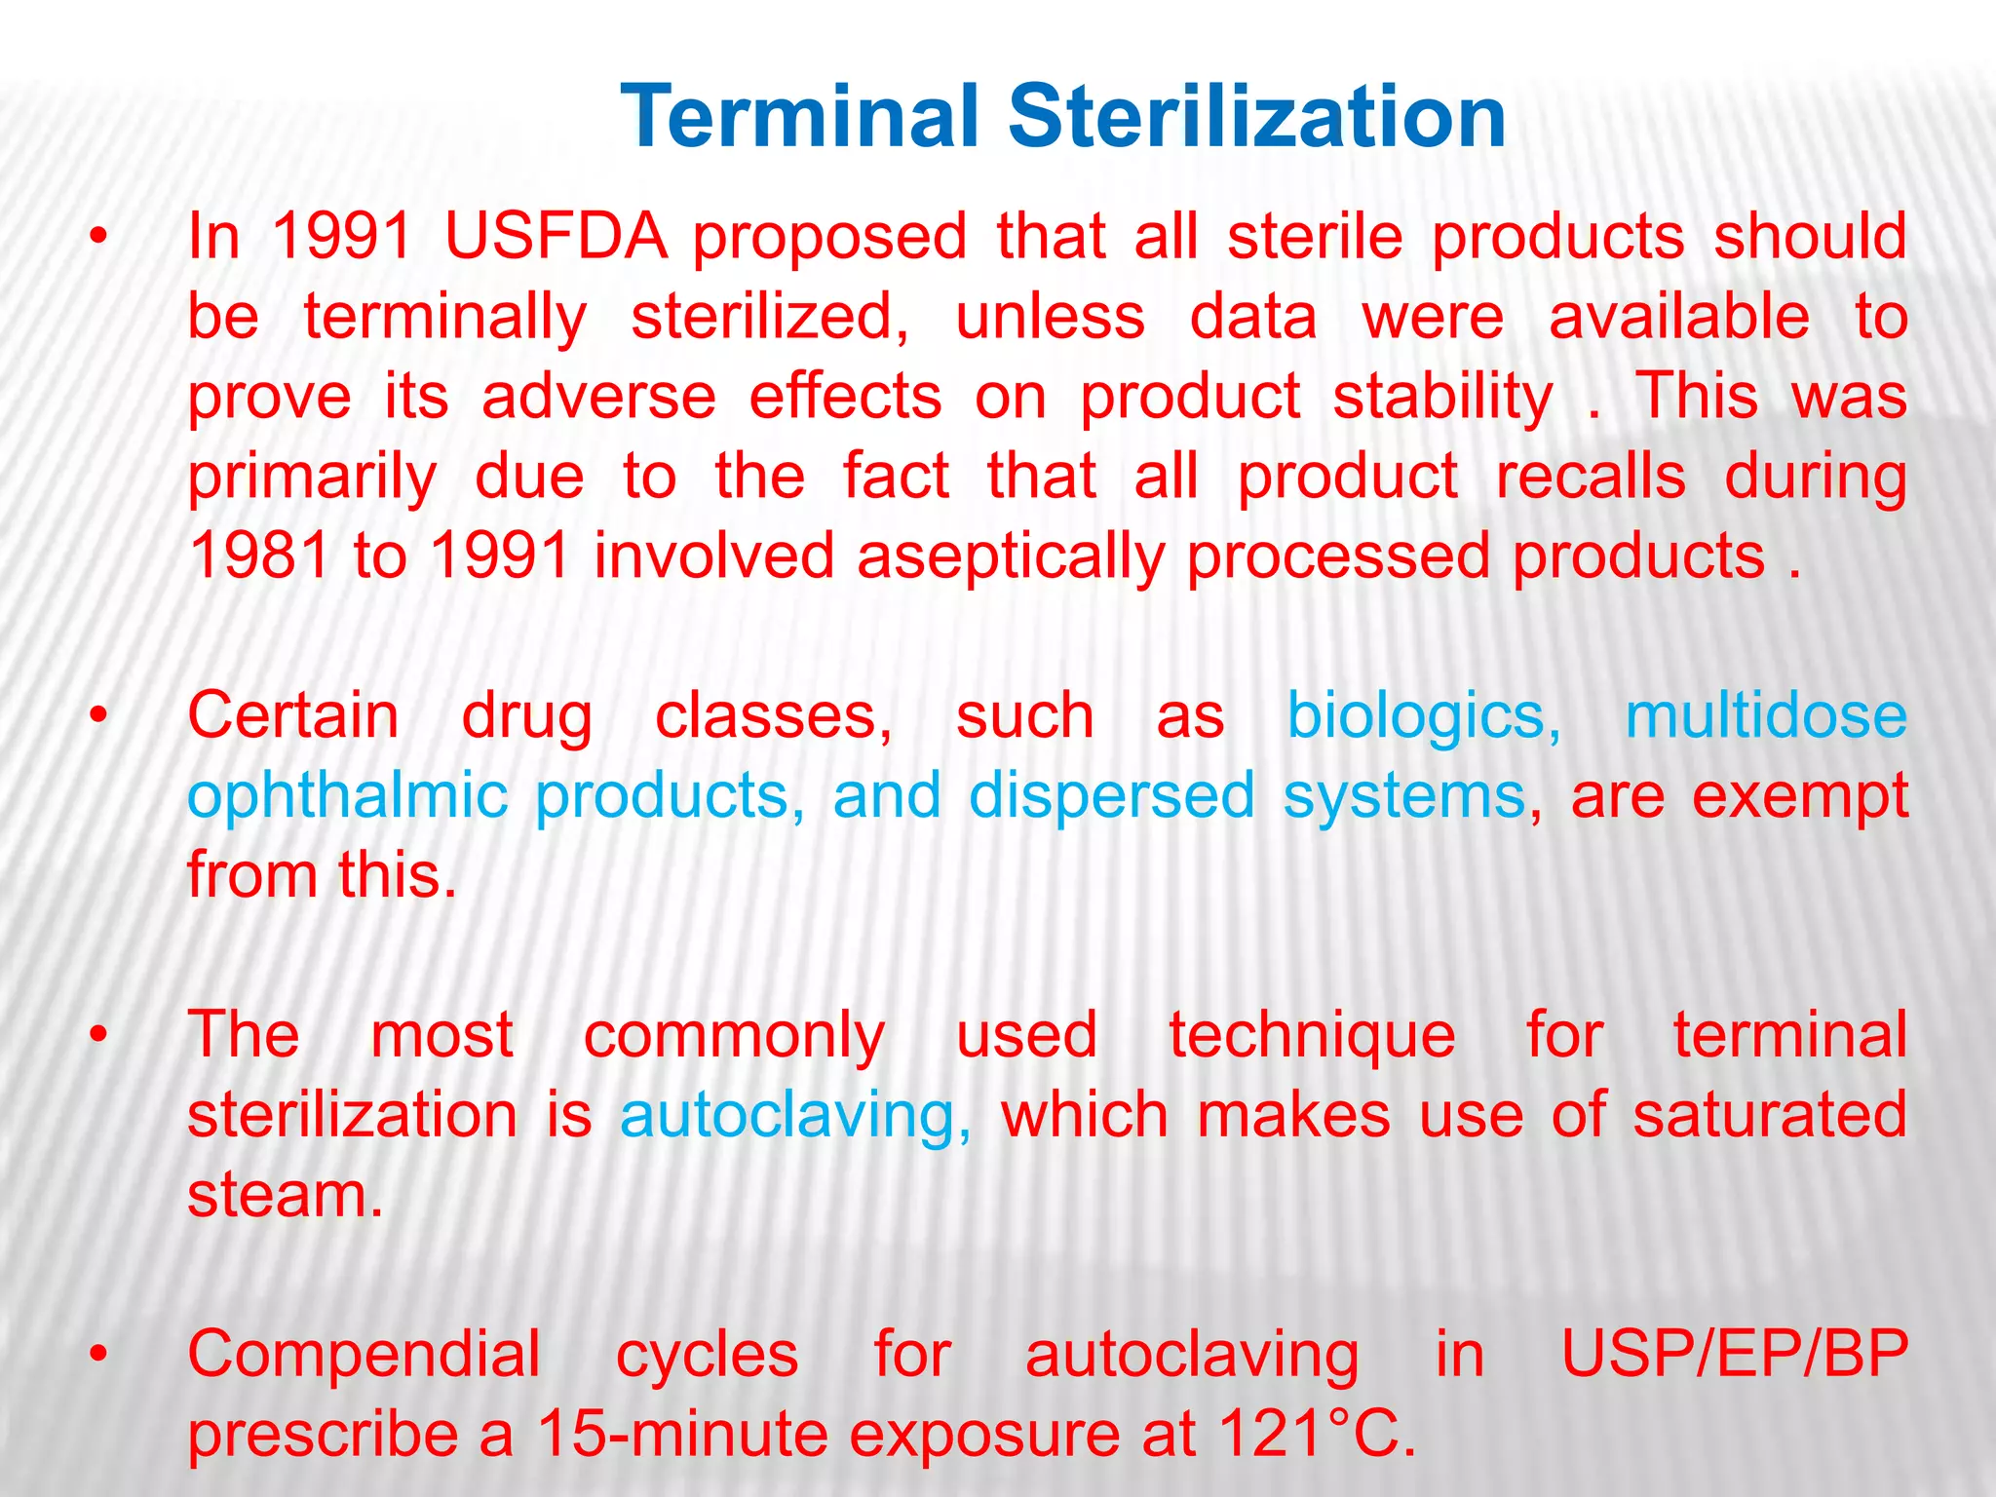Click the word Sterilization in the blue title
(x=1257, y=117)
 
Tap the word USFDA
(x=556, y=237)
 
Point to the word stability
(x=1442, y=398)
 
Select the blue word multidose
(x=1765, y=716)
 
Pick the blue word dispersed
(x=1111, y=797)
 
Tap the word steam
(x=285, y=1196)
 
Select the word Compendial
(x=364, y=1356)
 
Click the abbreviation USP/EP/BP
(x=1734, y=1355)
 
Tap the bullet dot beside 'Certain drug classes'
(x=97, y=716)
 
